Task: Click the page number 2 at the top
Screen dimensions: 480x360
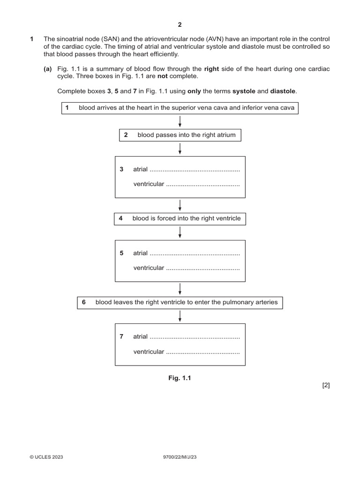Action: pos(180,24)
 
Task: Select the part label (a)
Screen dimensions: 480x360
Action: pos(48,69)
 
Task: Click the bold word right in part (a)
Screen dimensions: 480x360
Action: pos(212,69)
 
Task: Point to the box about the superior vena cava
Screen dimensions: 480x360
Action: pos(180,108)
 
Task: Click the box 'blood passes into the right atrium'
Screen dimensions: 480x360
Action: pos(180,135)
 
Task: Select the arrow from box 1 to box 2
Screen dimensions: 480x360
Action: pos(180,121)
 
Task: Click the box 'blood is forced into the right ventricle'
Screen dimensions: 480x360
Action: pos(180,218)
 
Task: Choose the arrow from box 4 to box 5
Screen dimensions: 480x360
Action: pos(180,232)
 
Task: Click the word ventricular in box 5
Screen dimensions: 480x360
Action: pos(149,268)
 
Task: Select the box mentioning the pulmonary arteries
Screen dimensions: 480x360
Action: pos(180,302)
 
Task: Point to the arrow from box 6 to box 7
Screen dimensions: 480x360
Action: pos(180,316)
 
